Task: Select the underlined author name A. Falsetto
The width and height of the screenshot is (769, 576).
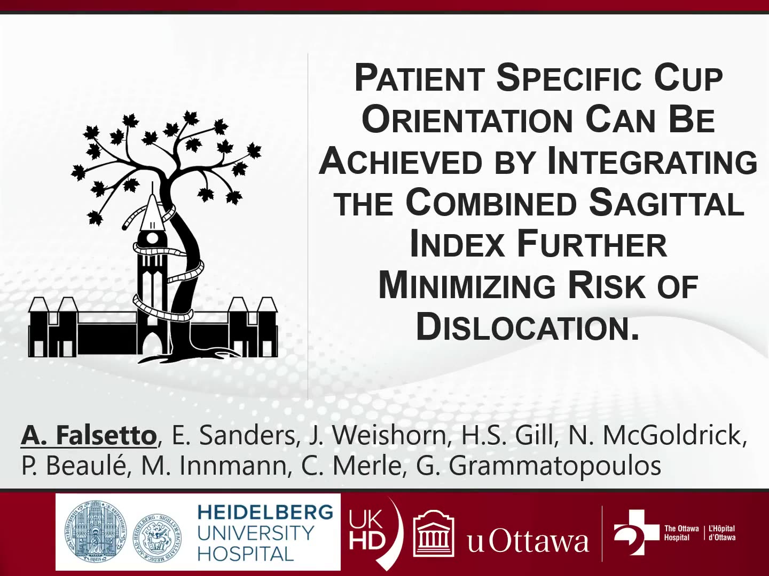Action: tap(89, 436)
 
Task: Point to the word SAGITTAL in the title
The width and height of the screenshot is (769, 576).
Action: tap(666, 204)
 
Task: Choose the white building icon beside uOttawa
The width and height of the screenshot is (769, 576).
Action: tap(434, 533)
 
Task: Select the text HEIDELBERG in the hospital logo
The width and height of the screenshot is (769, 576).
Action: tap(265, 513)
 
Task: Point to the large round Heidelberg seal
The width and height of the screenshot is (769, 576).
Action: tap(95, 532)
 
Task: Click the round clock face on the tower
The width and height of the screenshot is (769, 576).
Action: tap(152, 238)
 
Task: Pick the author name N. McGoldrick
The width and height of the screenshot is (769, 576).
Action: tap(673, 436)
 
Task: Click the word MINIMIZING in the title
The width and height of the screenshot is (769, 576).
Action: tap(467, 287)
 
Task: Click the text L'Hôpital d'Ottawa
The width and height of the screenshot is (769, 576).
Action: tap(721, 533)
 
